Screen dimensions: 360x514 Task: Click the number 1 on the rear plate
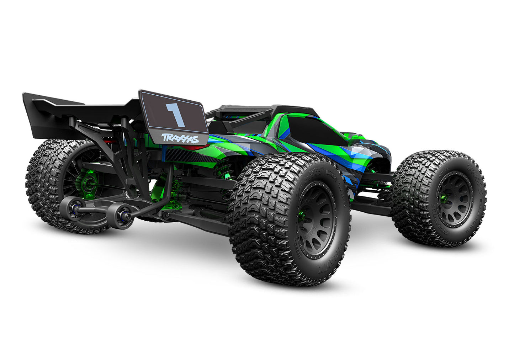pos(175,114)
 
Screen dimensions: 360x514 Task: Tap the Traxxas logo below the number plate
pos(180,138)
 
